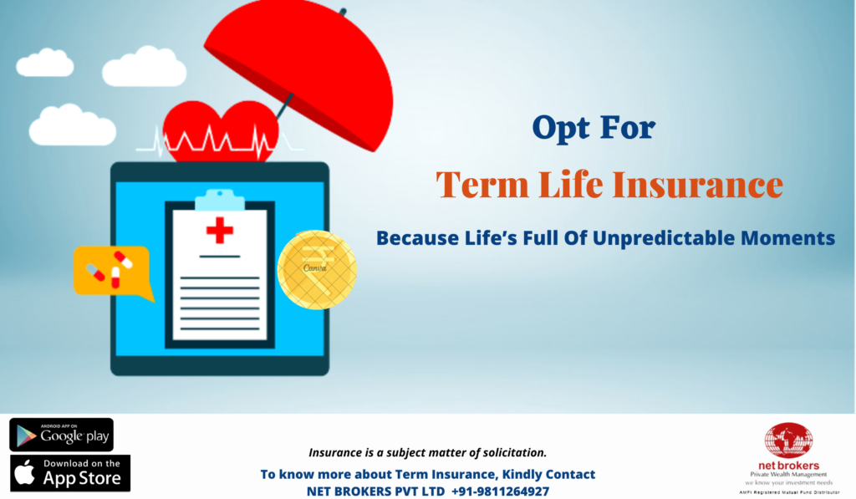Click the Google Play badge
[x=61, y=435]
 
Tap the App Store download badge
[x=70, y=473]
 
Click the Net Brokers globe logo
[x=788, y=440]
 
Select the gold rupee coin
[x=317, y=270]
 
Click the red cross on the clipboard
[x=220, y=230]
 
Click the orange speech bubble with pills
[x=113, y=272]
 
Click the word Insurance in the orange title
[x=698, y=185]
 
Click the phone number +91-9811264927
[x=500, y=491]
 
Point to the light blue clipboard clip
[x=220, y=200]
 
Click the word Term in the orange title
[x=482, y=185]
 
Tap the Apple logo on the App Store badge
[x=25, y=472]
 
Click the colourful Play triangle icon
[x=26, y=435]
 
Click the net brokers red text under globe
[x=788, y=466]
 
